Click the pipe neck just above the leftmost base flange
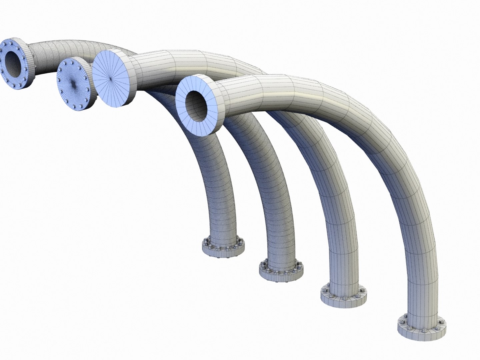tap(224, 230)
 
